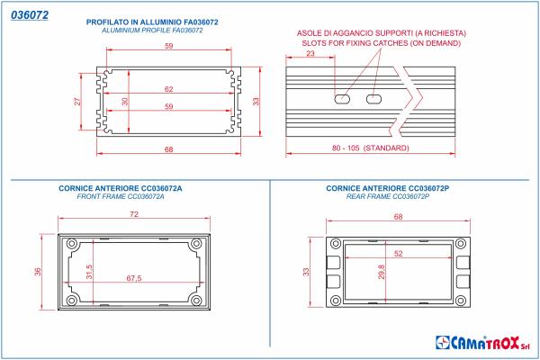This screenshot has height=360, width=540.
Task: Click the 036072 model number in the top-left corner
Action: [29, 15]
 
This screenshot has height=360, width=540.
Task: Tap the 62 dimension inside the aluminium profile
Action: [168, 89]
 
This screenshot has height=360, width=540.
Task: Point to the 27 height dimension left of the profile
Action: [77, 102]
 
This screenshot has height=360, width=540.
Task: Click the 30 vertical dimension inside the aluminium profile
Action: [125, 102]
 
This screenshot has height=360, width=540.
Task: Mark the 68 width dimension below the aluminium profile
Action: [168, 148]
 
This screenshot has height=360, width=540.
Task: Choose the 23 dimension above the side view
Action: [310, 55]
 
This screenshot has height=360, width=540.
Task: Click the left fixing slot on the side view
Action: [343, 97]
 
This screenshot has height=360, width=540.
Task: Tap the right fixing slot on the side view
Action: [374, 97]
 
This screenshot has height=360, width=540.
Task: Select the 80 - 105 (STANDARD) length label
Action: [370, 148]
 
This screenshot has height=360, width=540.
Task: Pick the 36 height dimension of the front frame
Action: [38, 272]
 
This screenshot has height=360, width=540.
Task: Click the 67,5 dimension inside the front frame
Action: [135, 278]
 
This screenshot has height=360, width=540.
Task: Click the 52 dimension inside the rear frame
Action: [398, 254]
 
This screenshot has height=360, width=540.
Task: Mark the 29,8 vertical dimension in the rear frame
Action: [382, 271]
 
